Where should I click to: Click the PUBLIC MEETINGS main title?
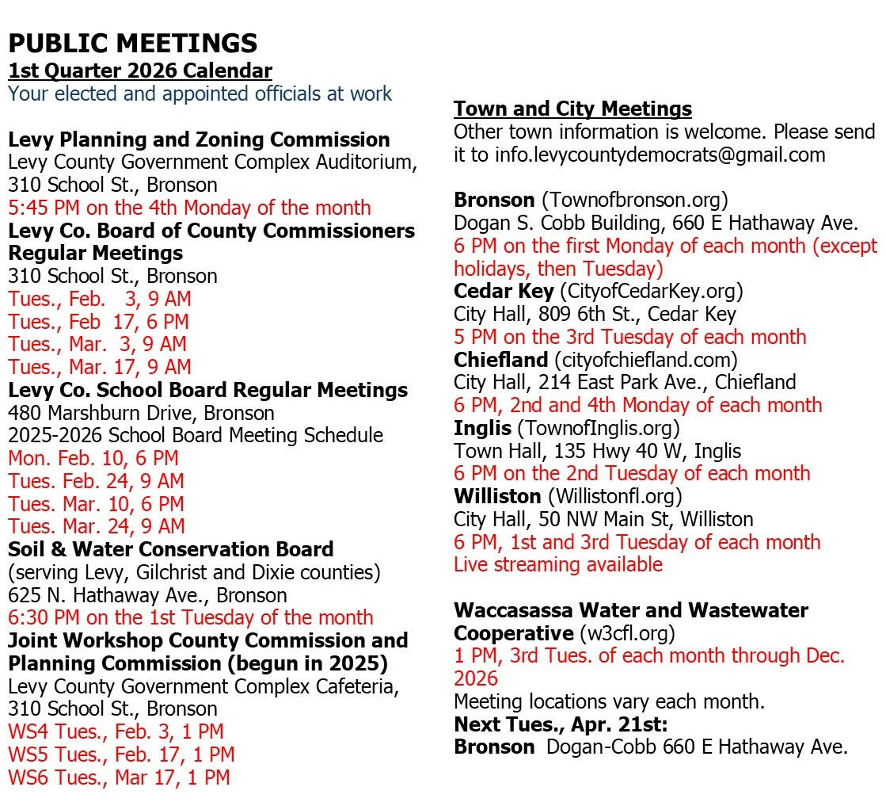132,43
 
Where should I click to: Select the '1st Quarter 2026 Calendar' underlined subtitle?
140,71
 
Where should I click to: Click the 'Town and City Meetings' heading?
572,109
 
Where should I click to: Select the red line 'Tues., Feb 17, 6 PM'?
98,322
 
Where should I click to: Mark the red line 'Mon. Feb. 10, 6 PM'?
93,458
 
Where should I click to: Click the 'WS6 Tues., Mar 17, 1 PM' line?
119,777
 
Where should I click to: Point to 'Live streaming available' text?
557,565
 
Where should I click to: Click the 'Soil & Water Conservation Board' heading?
170,549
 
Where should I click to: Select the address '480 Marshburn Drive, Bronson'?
141,413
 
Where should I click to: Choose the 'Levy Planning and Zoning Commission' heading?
199,139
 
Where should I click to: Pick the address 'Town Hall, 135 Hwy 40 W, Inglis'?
597,451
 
